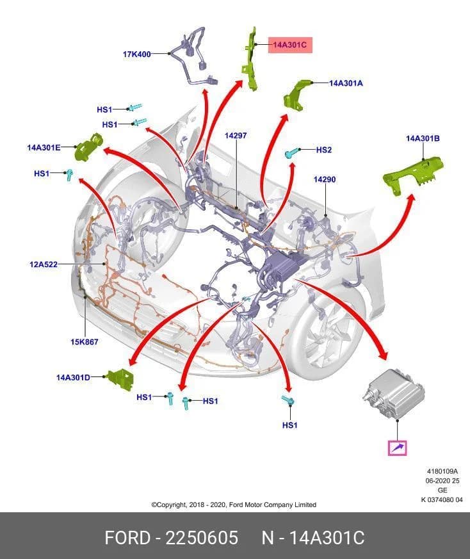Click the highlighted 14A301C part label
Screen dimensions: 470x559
[290, 45]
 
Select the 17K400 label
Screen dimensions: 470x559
[136, 54]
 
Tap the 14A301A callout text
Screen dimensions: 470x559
[346, 83]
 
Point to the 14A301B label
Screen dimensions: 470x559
[423, 138]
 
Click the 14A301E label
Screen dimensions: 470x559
[44, 147]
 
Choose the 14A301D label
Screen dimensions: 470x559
[73, 377]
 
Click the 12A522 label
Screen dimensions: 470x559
[44, 264]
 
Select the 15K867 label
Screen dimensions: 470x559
[85, 341]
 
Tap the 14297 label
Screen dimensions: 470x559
[236, 136]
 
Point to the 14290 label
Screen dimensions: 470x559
[325, 179]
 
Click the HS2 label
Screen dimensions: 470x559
[324, 150]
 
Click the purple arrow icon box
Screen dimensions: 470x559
[397, 448]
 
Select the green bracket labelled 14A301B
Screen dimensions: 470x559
[414, 174]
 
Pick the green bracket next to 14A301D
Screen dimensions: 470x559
[120, 379]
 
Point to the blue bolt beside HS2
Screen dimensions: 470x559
[291, 153]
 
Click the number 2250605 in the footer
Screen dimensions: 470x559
[202, 538]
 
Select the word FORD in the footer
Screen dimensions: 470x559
[127, 538]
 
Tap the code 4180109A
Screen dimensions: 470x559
[442, 471]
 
